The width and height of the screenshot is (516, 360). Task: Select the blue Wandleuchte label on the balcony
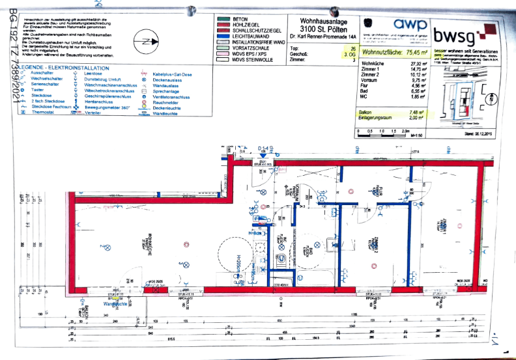point(115,304)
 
